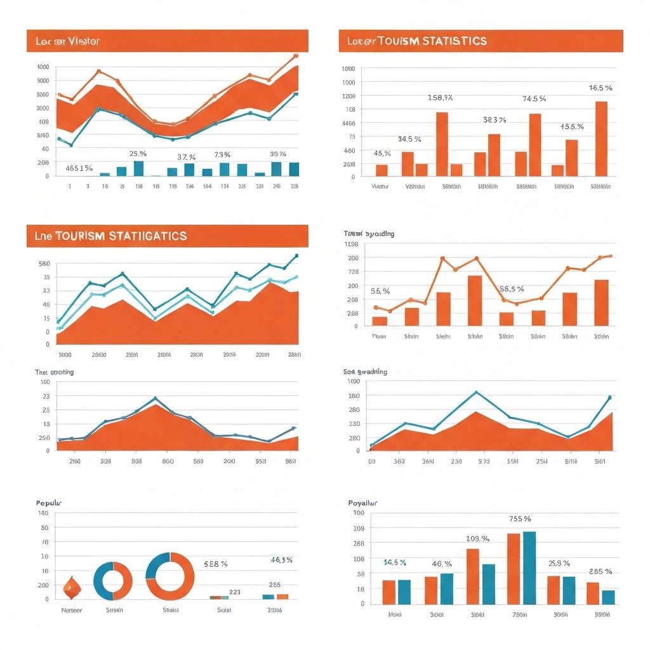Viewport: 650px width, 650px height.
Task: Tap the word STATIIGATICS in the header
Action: coord(148,236)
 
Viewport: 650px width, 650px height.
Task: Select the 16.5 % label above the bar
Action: coord(600,88)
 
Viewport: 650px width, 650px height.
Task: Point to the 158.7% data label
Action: coord(440,98)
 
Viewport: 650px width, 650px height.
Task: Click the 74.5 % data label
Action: coord(534,99)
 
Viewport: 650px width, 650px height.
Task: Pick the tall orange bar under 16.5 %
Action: coord(601,138)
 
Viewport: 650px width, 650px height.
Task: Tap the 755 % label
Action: coord(521,519)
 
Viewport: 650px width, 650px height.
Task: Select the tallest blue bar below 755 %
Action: coord(529,567)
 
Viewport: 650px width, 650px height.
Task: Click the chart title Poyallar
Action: coord(364,503)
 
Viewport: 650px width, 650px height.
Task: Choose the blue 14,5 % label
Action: coord(395,562)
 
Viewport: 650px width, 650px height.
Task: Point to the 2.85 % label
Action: coord(600,571)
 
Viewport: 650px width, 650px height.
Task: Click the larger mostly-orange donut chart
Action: coord(170,576)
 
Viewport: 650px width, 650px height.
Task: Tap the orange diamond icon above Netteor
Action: coord(70,588)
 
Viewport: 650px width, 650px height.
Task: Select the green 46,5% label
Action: coord(281,560)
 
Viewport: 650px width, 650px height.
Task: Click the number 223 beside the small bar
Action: coord(234,592)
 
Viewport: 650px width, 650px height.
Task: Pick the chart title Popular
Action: coord(49,503)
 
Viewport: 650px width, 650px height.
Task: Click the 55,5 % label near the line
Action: coord(512,289)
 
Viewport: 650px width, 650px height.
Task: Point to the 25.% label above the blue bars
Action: coord(138,154)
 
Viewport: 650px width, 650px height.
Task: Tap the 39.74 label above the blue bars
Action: coord(277,154)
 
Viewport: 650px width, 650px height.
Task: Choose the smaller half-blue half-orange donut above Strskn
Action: coord(112,581)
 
